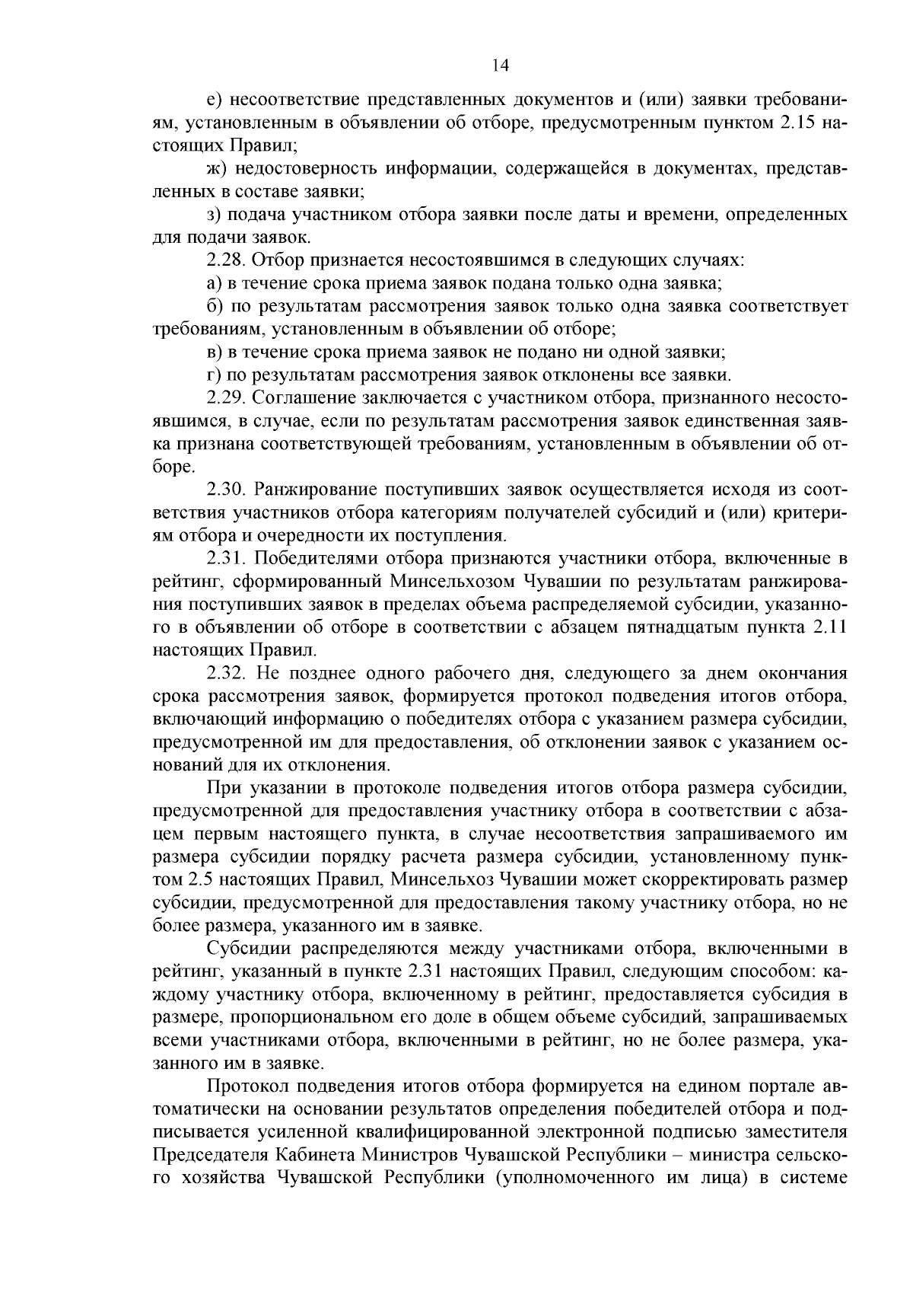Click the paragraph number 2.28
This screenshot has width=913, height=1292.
pyautogui.click(x=226, y=260)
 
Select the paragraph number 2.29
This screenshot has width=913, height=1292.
pyautogui.click(x=226, y=397)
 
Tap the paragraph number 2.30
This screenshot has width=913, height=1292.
pyautogui.click(x=226, y=489)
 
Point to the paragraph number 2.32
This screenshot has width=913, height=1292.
pyautogui.click(x=226, y=672)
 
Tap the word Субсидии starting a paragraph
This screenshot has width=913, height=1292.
pyautogui.click(x=245, y=949)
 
